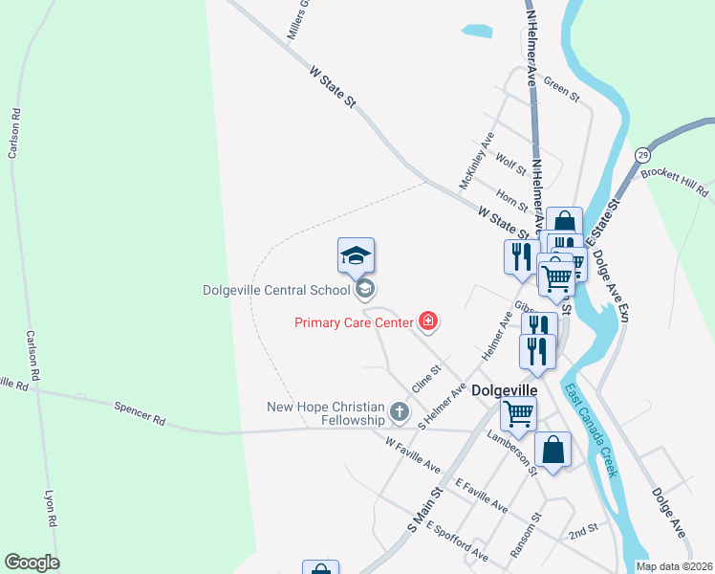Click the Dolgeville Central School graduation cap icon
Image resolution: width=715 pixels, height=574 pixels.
coord(356,256)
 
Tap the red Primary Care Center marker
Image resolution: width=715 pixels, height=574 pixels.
coord(428,321)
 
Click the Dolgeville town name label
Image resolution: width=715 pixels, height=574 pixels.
coord(505,390)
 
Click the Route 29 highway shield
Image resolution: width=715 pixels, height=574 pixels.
coord(643,154)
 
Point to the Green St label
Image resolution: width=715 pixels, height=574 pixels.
coord(562,89)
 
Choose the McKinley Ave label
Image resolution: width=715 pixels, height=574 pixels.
coord(476,160)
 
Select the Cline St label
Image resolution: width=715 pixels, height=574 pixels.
coord(426,378)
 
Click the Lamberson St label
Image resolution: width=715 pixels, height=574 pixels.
coord(511,451)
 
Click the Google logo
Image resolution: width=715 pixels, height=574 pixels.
coord(32,563)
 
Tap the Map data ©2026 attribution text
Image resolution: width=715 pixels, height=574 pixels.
coord(674,566)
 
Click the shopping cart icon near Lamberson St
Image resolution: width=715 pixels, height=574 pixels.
coord(518,413)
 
